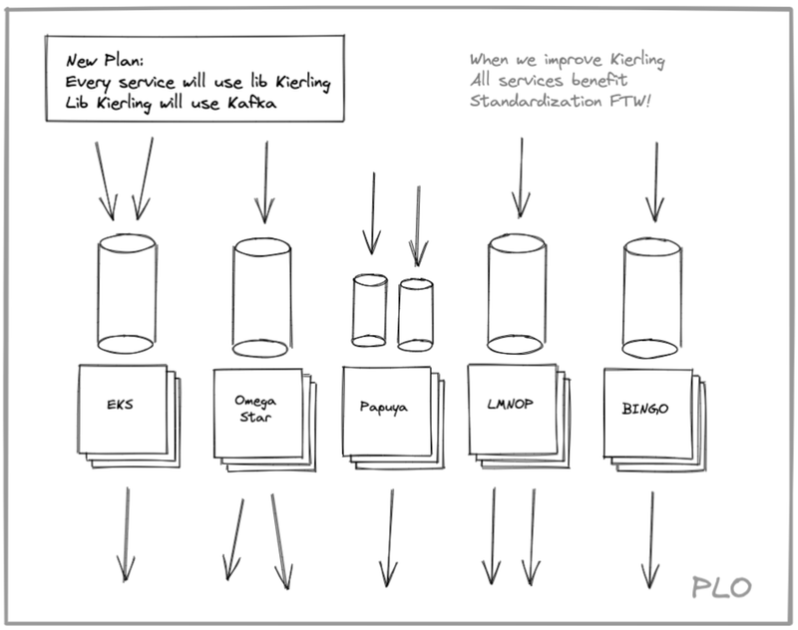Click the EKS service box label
[x=120, y=405]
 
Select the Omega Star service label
[x=255, y=409]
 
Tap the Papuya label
[x=384, y=407]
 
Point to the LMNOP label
[x=510, y=405]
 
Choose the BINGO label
[x=645, y=409]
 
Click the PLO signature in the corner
[x=721, y=587]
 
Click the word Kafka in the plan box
[x=252, y=104]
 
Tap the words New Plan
[x=105, y=61]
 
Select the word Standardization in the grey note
[x=536, y=101]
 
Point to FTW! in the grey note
[x=630, y=101]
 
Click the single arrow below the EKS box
[x=127, y=534]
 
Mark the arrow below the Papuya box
[x=390, y=538]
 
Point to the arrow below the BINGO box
[x=651, y=540]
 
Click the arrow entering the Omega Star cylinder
[x=265, y=182]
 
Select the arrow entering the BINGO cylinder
[x=655, y=182]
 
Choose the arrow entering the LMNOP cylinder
[x=521, y=178]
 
